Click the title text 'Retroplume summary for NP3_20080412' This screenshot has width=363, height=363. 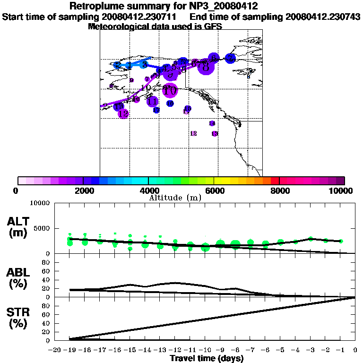(x=163, y=7)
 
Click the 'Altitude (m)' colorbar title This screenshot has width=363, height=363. (x=175, y=198)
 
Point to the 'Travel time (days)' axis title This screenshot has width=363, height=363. (x=207, y=358)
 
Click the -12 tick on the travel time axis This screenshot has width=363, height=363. (x=175, y=350)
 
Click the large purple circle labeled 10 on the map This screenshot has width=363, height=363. (x=170, y=89)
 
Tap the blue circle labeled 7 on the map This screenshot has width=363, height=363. (x=230, y=59)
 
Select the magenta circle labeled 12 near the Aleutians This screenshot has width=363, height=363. (x=123, y=113)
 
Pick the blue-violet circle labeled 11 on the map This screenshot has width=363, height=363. (x=152, y=101)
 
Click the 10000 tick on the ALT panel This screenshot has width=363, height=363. (x=40, y=203)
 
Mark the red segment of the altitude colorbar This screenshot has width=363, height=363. (x=275, y=181)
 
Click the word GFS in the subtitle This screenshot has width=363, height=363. (x=213, y=26)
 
